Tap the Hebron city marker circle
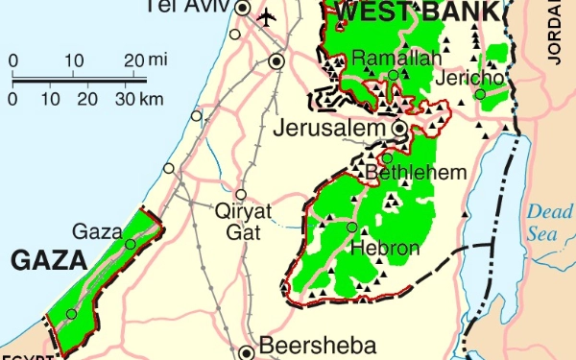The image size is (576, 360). point(352,228)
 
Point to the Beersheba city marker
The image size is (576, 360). point(246,351)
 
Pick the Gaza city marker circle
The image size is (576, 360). point(130,244)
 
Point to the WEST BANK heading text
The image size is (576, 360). point(419,12)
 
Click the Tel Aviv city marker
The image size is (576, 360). point(243,10)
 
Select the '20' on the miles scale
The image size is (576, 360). point(135,60)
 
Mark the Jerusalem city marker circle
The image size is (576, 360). point(399,128)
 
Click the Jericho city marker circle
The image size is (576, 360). point(479,94)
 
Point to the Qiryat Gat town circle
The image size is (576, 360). point(241,193)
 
